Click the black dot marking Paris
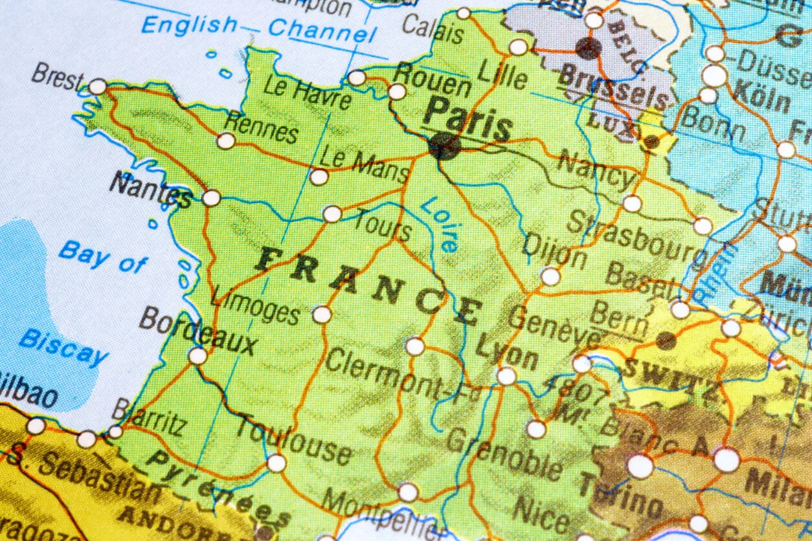tap(445, 146)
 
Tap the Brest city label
tap(57, 77)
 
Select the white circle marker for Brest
tap(98, 87)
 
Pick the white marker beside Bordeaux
tap(197, 355)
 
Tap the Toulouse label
tap(294, 439)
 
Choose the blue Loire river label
tap(441, 224)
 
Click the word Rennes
tap(261, 127)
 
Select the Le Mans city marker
tap(319, 177)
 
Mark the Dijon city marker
tap(550, 276)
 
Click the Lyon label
tap(506, 352)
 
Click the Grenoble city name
tap(504, 453)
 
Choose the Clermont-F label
tap(398, 376)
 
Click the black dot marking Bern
tap(666, 340)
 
